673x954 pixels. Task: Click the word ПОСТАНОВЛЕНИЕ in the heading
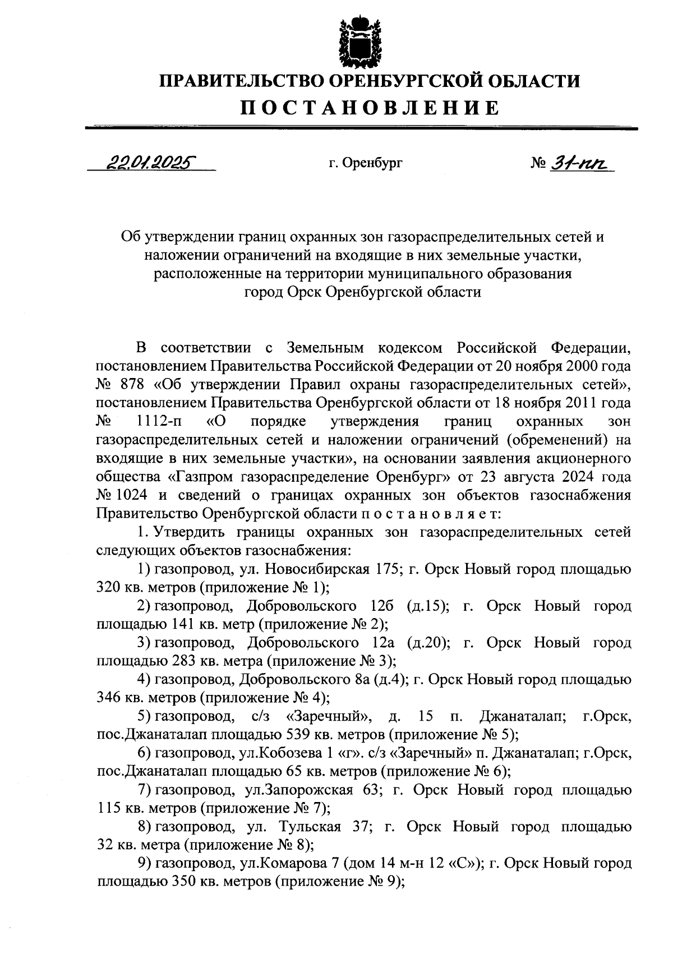point(370,107)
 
